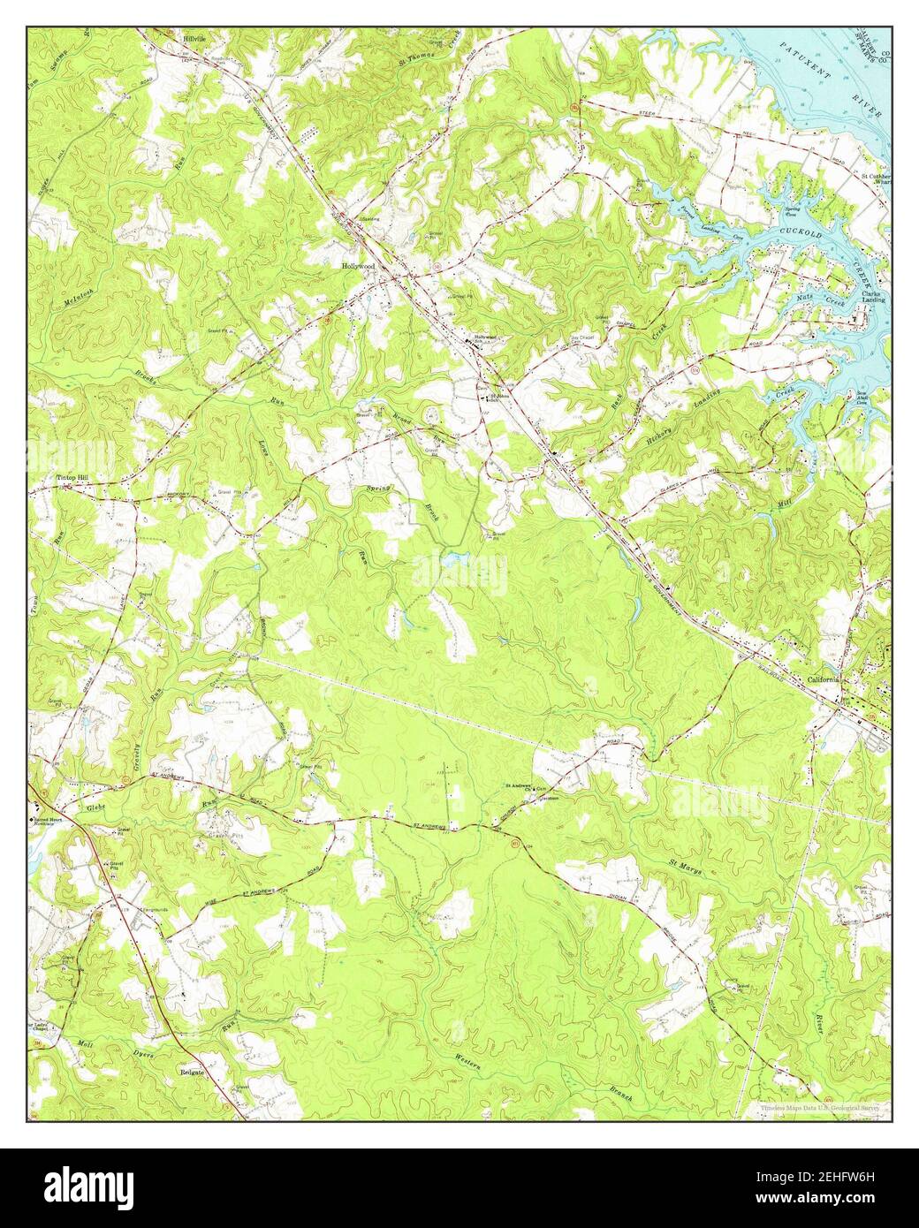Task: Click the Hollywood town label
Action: [359, 266]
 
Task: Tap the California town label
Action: [824, 679]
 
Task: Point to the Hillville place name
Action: [193, 40]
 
